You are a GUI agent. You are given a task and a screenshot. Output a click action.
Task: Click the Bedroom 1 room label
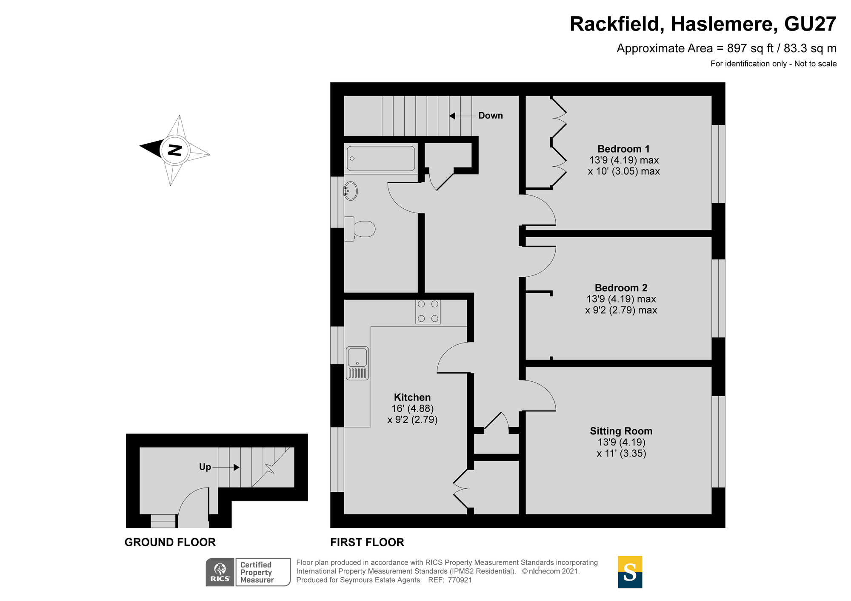(x=623, y=149)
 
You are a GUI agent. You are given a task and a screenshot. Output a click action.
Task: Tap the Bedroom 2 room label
(x=621, y=288)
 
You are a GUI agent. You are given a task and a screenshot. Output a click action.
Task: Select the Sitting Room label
(x=621, y=431)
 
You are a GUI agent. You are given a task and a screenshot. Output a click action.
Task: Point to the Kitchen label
(x=412, y=397)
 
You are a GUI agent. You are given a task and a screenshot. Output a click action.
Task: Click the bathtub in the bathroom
(x=381, y=159)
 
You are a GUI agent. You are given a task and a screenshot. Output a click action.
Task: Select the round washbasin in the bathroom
(x=351, y=191)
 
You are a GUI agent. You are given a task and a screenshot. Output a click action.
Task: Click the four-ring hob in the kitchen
(x=428, y=312)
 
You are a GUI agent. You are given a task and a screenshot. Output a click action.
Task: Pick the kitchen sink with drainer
(x=357, y=363)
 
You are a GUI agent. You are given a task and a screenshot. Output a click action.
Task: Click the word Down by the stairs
(x=490, y=116)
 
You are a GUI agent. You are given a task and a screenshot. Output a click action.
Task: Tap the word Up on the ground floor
(x=205, y=467)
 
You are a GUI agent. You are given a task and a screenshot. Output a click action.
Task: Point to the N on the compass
(x=174, y=150)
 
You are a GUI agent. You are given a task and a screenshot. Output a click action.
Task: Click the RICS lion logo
(x=220, y=572)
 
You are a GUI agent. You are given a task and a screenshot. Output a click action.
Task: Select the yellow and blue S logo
(x=630, y=572)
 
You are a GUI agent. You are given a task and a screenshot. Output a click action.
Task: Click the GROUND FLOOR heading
(x=170, y=542)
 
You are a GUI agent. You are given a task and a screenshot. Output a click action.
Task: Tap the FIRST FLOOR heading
(x=367, y=542)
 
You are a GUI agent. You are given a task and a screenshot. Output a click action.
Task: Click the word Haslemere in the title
(x=721, y=24)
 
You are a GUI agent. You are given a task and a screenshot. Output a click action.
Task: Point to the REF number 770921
(x=460, y=580)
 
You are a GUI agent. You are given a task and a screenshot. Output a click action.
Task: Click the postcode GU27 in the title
(x=810, y=24)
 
